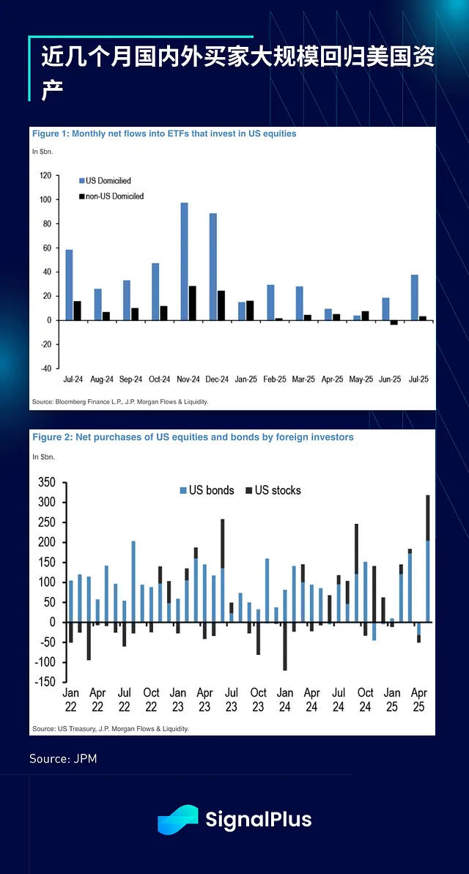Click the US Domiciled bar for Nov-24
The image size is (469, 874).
pos(184,261)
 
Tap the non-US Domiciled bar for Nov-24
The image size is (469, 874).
pos(192,303)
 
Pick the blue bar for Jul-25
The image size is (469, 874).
pos(414,297)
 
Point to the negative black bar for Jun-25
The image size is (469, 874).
pos(394,322)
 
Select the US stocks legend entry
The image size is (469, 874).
pos(273,490)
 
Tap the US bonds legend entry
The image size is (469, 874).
pos(207,490)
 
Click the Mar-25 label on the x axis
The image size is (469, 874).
pos(303,379)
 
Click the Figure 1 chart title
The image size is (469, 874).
pos(163,134)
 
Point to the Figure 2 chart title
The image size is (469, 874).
pos(192,437)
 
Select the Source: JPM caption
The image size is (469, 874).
pos(63,758)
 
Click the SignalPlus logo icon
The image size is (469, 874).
pos(177,819)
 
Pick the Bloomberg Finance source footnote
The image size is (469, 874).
pos(120,401)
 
